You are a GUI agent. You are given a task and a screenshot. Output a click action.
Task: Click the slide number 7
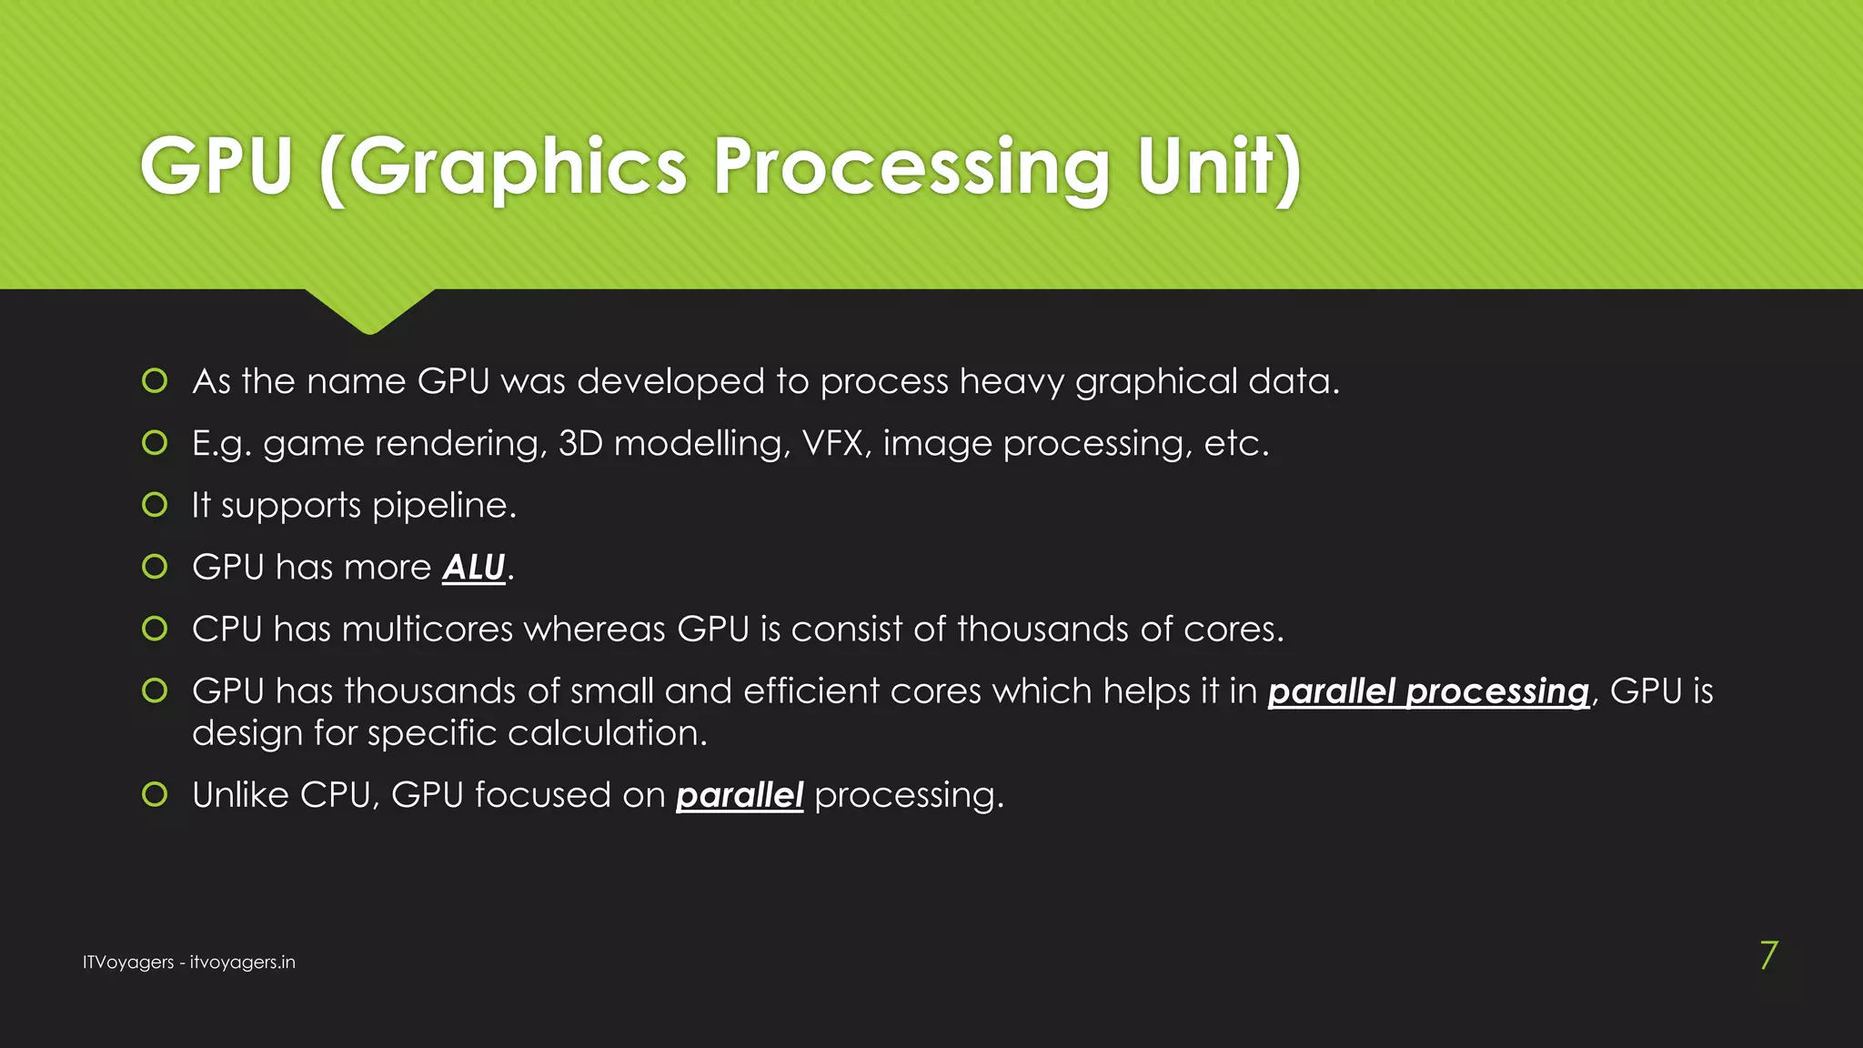(1767, 956)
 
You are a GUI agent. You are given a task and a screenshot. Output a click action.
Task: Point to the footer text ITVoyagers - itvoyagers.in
(188, 962)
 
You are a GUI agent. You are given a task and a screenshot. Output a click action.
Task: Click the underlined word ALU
(473, 568)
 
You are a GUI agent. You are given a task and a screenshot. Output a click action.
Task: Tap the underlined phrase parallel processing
(1428, 691)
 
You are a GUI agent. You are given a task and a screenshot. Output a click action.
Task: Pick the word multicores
(428, 630)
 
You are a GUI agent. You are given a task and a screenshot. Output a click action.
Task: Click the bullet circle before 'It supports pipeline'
(155, 505)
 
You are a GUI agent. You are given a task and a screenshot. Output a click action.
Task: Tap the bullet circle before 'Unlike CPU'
(155, 795)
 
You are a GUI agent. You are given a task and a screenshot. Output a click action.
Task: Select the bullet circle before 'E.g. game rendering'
(155, 443)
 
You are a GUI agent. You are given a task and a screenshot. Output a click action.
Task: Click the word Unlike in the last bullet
(240, 795)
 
